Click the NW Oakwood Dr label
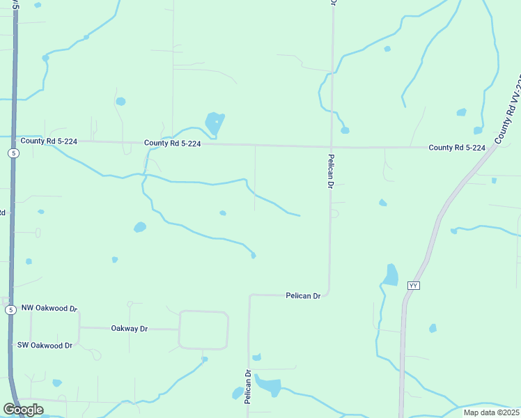49,308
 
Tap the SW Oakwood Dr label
45,346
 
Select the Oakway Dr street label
130,328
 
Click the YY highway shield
414,286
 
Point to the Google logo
22,410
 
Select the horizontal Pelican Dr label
303,296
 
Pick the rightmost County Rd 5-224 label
456,148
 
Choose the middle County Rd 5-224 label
173,144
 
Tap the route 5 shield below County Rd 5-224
13,153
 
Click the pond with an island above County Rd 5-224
215,124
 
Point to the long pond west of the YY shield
391,274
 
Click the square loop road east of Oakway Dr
203,330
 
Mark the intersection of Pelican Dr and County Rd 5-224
331,147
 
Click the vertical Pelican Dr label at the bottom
247,387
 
